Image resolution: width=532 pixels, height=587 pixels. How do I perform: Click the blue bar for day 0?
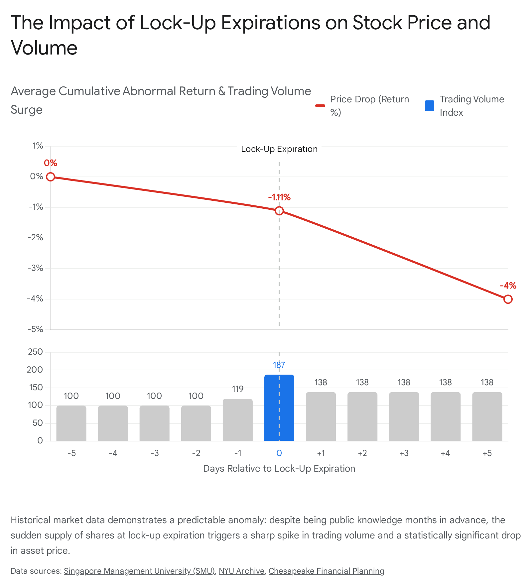tap(279, 408)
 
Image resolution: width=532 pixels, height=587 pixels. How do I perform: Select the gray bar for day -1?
tap(238, 420)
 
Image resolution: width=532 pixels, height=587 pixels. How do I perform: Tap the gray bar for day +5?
tap(487, 416)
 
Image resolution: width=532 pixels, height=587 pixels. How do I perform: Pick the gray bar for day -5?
tap(71, 423)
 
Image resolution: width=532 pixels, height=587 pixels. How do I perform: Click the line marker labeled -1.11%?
tap(279, 211)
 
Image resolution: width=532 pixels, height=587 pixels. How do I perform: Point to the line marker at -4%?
tap(508, 299)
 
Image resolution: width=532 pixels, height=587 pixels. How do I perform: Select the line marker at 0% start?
tap(50, 177)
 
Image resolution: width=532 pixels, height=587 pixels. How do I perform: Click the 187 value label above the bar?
tap(279, 365)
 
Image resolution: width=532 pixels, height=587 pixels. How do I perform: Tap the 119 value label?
tap(238, 389)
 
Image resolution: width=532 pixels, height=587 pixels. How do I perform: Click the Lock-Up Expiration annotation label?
tap(279, 149)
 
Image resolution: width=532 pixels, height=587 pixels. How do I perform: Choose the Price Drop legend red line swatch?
tap(320, 106)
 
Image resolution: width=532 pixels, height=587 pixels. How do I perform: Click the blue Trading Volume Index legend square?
tap(430, 106)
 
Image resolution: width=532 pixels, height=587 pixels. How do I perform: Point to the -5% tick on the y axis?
tap(36, 329)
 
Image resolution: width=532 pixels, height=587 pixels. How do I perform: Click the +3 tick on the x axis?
tap(404, 453)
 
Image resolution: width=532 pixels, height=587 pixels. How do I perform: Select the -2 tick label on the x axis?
tap(196, 453)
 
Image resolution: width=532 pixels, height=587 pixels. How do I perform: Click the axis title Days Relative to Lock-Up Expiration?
tap(279, 469)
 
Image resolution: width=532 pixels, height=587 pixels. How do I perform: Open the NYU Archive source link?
tap(242, 571)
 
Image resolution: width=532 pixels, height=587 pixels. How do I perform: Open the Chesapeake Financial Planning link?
tap(327, 571)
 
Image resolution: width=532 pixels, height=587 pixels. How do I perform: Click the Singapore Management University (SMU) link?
tap(139, 571)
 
